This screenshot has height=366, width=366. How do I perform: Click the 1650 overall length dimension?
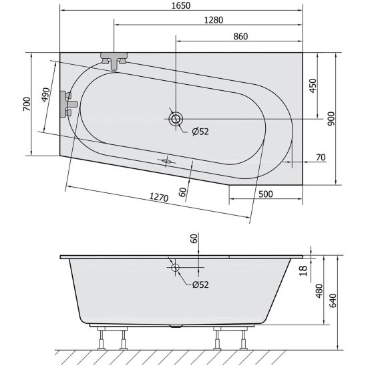(181, 5)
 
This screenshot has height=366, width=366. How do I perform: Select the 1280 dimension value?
(214, 20)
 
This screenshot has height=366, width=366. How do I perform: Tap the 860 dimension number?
(240, 37)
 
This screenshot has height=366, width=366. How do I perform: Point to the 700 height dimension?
(27, 104)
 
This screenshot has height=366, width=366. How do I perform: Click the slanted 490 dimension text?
(45, 95)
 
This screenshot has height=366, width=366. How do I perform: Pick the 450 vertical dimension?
(313, 85)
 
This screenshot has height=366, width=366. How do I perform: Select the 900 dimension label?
(331, 119)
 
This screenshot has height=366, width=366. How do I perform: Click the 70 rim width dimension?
(321, 158)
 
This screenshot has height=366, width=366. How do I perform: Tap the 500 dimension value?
(266, 194)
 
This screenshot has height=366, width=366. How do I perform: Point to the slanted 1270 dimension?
(159, 197)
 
